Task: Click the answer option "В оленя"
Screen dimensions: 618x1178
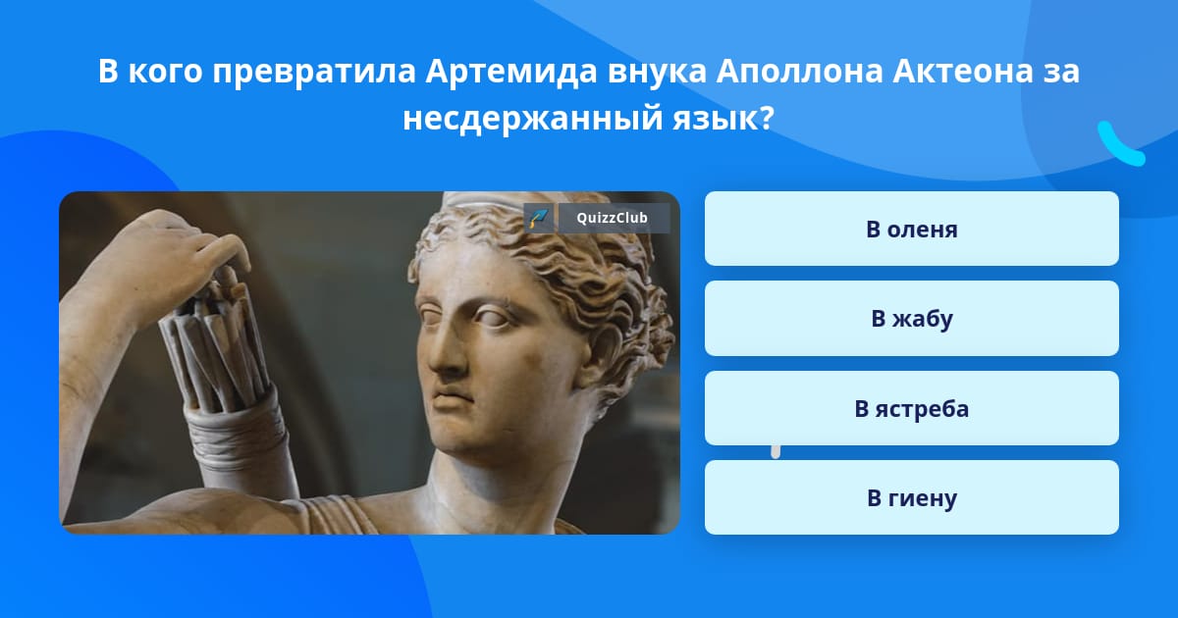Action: [x=911, y=230]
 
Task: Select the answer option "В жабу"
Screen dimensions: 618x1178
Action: [x=911, y=319]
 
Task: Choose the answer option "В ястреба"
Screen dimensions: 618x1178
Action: [x=911, y=409]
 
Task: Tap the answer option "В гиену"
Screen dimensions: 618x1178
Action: [x=911, y=498]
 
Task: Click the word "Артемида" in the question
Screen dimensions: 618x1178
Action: [x=508, y=72]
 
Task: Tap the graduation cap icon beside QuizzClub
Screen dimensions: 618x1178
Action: [x=538, y=218]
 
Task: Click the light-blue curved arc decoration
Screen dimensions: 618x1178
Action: [x=1119, y=144]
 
